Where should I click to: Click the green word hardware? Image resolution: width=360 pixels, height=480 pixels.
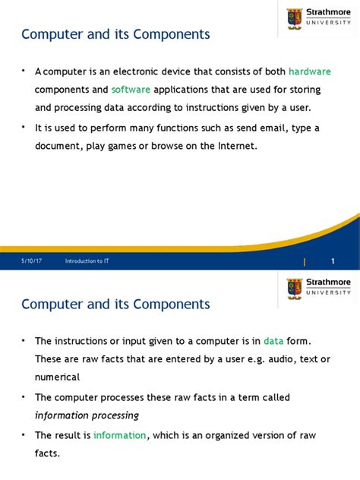309,72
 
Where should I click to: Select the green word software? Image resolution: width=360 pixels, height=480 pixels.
131,90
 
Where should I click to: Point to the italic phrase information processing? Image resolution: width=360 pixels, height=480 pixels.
87,415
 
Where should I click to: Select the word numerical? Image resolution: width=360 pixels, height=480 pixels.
57,377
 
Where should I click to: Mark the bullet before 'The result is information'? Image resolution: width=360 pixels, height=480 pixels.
25,434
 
